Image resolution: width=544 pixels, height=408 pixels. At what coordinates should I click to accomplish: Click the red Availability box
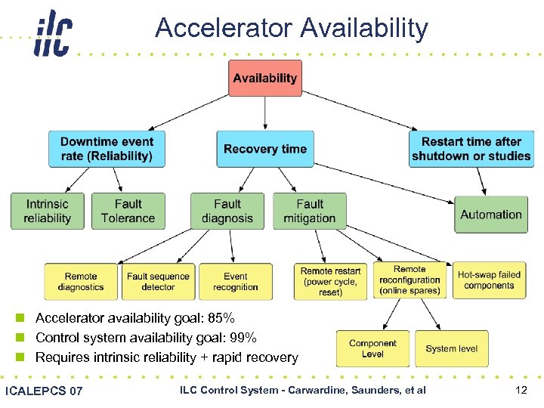[x=264, y=78]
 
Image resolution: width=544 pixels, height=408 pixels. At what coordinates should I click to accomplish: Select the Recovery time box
[x=264, y=149]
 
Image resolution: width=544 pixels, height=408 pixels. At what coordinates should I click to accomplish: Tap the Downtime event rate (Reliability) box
[x=107, y=149]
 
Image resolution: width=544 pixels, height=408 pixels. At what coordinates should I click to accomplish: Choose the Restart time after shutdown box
[x=471, y=149]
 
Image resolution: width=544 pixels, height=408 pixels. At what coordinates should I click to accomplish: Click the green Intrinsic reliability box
[x=48, y=212]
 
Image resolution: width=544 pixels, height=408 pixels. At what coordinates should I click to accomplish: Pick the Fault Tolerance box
[x=128, y=212]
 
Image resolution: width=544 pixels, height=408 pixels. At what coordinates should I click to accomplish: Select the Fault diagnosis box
[x=227, y=212]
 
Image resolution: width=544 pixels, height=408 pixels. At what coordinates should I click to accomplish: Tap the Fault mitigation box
[x=309, y=212]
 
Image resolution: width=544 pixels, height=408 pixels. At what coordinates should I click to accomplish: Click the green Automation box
[x=491, y=215]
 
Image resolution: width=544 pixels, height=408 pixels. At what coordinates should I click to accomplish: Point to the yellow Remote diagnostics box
[x=81, y=282]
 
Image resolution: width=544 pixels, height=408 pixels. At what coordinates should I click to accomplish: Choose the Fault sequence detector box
[x=158, y=282]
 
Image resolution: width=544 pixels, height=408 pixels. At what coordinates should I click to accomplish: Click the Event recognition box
[x=236, y=282]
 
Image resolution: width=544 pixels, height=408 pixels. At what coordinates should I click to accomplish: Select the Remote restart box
[x=331, y=281]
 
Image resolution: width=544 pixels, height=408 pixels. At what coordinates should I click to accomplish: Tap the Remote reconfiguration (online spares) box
[x=410, y=280]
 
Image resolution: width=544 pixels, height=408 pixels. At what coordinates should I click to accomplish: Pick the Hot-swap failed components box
[x=489, y=280]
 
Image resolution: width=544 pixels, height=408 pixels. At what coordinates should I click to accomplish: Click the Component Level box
[x=372, y=348]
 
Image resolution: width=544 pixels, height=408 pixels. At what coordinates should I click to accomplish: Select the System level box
[x=451, y=348]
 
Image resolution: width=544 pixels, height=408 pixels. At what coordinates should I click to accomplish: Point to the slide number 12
[x=520, y=390]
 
